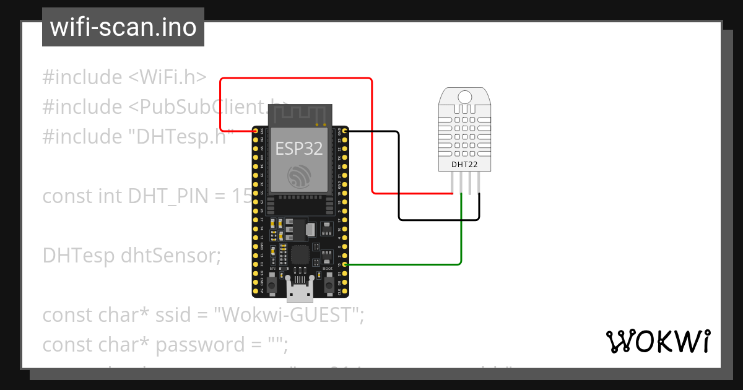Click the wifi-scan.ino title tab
tap(123, 27)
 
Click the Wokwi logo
tap(657, 341)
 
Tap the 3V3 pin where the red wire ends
tap(256, 131)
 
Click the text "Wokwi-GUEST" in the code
tap(287, 315)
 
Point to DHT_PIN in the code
tap(167, 196)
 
